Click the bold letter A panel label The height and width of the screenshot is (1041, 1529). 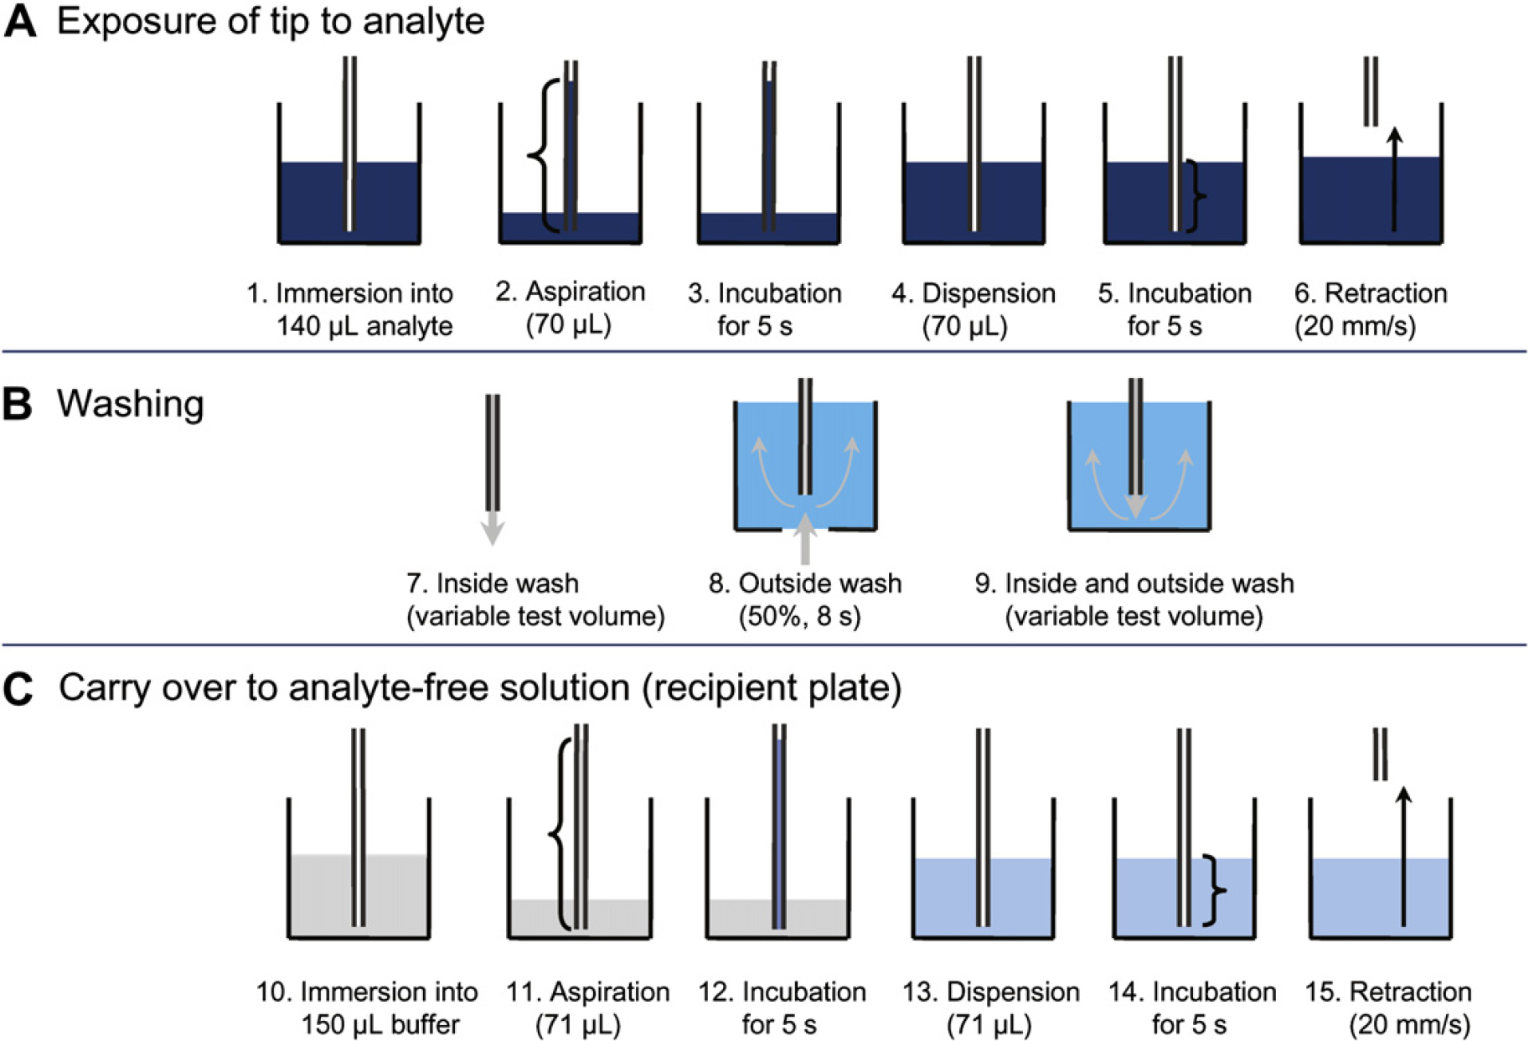pos(20,21)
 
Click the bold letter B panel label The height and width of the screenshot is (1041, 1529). pos(18,404)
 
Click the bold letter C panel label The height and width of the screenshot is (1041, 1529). pos(18,690)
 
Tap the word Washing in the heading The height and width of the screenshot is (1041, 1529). pos(130,404)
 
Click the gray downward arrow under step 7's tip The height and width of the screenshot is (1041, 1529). pos(493,528)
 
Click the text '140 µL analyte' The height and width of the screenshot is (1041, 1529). pos(364,326)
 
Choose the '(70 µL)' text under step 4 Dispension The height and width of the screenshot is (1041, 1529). pos(965,326)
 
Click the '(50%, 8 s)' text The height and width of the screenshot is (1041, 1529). pos(799,617)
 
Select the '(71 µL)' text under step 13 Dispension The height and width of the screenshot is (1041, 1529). pos(989,1024)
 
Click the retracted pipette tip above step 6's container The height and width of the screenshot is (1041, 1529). pos(1371,91)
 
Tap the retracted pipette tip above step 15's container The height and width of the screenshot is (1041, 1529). pos(1380,754)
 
